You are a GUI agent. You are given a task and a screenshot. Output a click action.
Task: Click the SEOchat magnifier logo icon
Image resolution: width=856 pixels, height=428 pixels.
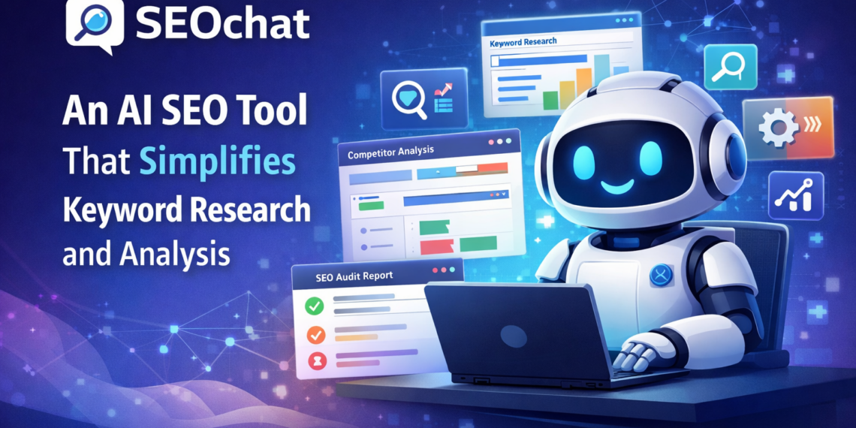pyautogui.click(x=94, y=23)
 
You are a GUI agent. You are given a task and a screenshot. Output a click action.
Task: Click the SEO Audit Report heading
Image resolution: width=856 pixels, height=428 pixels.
pyautogui.click(x=354, y=276)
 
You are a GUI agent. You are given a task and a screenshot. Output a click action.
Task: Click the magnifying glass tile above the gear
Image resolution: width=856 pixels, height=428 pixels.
pyautogui.click(x=728, y=68)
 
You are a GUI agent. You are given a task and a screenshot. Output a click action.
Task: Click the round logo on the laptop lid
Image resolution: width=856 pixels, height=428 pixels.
pyautogui.click(x=514, y=335)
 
